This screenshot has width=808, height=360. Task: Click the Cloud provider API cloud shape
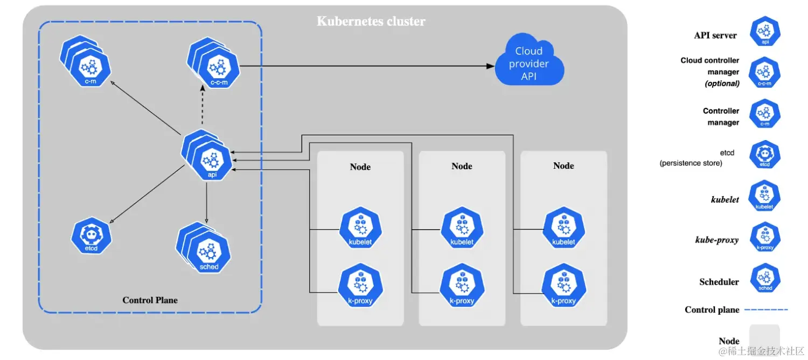tap(529, 64)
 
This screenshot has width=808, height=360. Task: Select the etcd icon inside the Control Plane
tap(91, 236)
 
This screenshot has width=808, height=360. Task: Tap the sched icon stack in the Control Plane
tap(206, 251)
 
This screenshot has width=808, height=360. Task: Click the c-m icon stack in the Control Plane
tap(88, 62)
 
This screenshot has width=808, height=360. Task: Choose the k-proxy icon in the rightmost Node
tap(563, 288)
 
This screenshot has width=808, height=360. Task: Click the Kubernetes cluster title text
tap(371, 22)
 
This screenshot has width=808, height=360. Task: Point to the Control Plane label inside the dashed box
tap(150, 300)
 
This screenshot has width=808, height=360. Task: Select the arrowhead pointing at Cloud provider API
tap(490, 66)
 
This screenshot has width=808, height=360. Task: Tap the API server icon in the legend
tap(765, 34)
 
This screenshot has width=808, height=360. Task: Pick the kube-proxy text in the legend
tap(716, 240)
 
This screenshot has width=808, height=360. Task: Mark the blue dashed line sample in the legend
tap(767, 310)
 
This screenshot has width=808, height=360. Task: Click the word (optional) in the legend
tap(722, 84)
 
